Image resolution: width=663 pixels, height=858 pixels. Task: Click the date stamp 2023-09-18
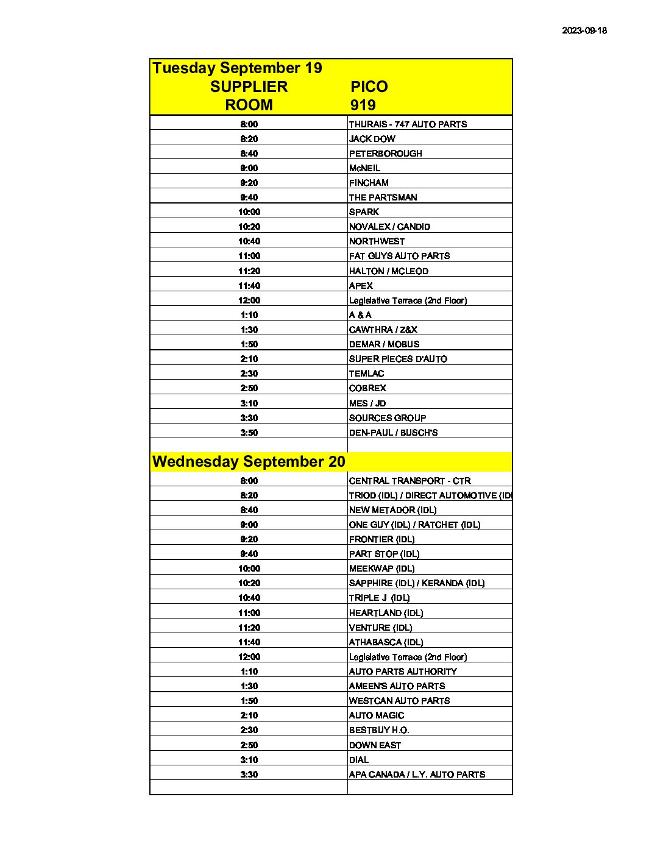point(584,30)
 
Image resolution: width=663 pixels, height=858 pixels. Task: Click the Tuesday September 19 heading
point(237,68)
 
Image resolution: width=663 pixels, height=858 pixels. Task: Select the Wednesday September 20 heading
point(249,461)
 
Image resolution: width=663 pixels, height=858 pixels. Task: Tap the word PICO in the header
point(369,87)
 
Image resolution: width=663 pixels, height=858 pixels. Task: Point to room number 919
point(363,105)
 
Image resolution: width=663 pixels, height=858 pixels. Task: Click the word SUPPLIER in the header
point(249,87)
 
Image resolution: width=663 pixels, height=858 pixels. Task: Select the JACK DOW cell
point(372,139)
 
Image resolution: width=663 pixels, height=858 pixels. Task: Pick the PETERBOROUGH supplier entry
point(385,154)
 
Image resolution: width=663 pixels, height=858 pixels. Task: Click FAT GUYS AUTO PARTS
point(399,256)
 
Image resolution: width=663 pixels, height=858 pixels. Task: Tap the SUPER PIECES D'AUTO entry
point(398,359)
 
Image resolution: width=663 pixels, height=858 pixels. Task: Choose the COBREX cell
point(367,388)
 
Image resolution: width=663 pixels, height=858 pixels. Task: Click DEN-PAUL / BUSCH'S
point(393,433)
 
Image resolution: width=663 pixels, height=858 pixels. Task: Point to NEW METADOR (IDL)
point(392,510)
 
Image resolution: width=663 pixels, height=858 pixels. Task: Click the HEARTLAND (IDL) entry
point(386,613)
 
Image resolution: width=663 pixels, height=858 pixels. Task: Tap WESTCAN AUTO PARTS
point(399,701)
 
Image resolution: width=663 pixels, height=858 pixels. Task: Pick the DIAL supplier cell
point(359,760)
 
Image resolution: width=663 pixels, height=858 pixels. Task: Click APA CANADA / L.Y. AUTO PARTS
point(417,775)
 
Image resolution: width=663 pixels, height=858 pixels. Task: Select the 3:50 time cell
point(249,433)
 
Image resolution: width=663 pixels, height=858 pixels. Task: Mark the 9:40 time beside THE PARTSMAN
point(249,197)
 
